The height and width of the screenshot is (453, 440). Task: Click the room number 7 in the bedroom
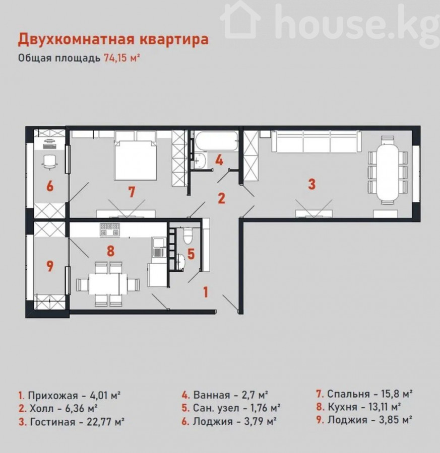coord(132,192)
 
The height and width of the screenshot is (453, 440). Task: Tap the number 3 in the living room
coord(311,184)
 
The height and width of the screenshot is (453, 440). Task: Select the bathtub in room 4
coord(216,141)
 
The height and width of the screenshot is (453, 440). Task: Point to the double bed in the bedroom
coord(136,156)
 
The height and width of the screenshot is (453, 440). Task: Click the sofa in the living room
coord(317,141)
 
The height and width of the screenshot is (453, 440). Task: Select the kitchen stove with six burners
coord(110,230)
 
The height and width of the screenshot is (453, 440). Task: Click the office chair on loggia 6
coord(50,162)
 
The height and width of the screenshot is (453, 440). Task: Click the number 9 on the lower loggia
coord(50,266)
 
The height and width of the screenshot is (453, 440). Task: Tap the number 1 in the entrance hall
coord(206,292)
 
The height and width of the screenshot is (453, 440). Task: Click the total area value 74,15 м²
coord(122,58)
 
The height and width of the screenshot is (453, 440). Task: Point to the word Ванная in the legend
coord(212,395)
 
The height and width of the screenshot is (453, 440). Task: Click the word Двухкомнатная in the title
coord(77,40)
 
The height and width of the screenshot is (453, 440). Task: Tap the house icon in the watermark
coord(240,20)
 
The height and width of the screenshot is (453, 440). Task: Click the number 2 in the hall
coord(221,198)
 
